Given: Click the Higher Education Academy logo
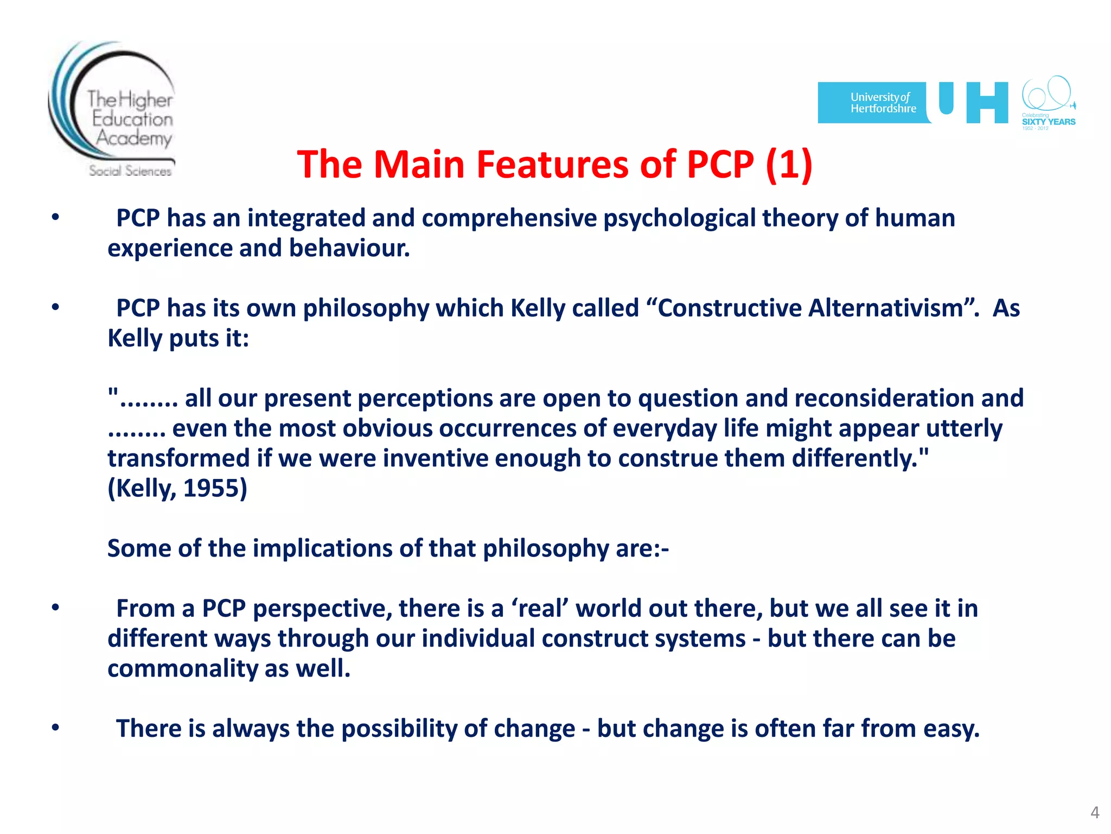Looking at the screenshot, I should point(112,110).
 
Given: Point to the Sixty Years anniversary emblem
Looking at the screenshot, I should point(1048,103).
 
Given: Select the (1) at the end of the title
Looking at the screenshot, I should point(789,164).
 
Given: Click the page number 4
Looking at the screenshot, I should point(1094,812).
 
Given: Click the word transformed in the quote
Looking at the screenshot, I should point(178,458).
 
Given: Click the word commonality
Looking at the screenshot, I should point(182,668).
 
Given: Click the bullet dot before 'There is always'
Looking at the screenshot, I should point(55,728).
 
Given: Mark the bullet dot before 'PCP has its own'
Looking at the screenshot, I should point(55,307).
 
